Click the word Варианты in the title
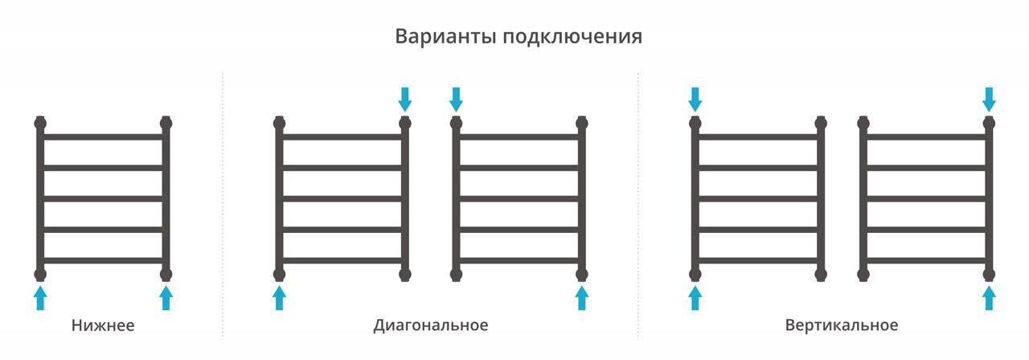[x=445, y=36]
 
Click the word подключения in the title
[x=572, y=37]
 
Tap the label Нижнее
[x=103, y=325]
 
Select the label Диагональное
[x=430, y=325]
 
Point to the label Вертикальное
[x=841, y=325]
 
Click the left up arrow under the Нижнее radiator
[x=40, y=298]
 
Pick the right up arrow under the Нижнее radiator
[x=166, y=298]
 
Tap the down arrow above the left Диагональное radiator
[x=404, y=100]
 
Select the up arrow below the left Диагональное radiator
[x=279, y=298]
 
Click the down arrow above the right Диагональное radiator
[x=456, y=100]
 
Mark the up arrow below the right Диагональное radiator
[x=582, y=298]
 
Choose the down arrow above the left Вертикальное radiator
[x=695, y=100]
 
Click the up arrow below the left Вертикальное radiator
[x=695, y=298]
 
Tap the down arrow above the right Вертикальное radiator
[x=989, y=100]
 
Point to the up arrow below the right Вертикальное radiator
[x=989, y=298]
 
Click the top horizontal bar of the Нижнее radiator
[x=104, y=137]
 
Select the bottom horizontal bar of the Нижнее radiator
[x=104, y=261]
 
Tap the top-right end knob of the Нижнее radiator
[x=166, y=123]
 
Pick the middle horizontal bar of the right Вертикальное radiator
[x=926, y=198]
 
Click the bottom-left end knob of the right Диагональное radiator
[x=456, y=275]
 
